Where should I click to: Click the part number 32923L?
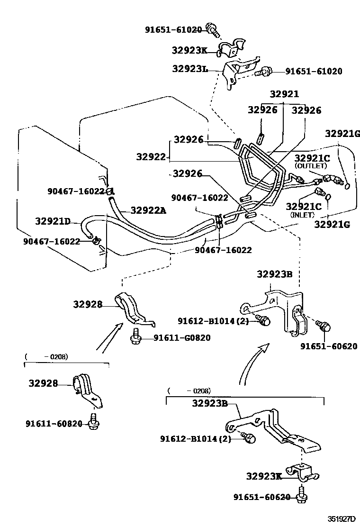click(x=190, y=69)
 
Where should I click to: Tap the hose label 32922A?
click(x=148, y=210)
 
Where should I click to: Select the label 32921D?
click(x=53, y=221)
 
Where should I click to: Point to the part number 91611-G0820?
click(x=182, y=338)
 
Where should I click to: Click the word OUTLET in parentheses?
click(x=311, y=166)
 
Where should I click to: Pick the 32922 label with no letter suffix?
click(x=151, y=156)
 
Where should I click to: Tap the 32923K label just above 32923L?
click(x=189, y=51)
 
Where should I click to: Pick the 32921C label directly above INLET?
click(x=304, y=207)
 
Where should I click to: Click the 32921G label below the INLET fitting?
click(x=332, y=224)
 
